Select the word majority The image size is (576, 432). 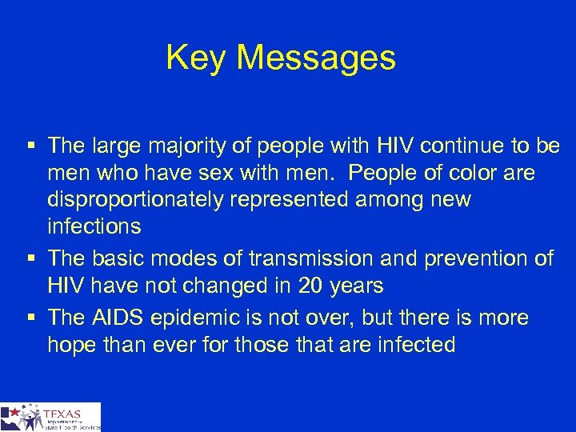pyautogui.click(x=175, y=146)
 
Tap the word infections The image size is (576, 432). pyautogui.click(x=94, y=226)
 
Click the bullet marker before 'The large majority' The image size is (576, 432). pyautogui.click(x=30, y=146)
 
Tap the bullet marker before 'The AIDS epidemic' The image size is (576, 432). pyautogui.click(x=30, y=318)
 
